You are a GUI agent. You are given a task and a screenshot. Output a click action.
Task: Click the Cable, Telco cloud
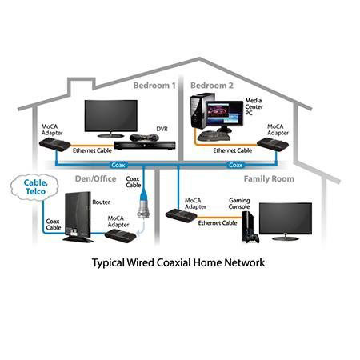point(34,187)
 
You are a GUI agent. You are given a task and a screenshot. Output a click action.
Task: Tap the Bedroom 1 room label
point(154,86)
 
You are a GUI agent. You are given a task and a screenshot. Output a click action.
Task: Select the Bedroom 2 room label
point(212,86)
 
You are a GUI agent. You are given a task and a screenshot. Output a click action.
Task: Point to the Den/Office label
point(95,179)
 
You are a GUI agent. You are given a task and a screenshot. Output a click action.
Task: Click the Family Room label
point(269,179)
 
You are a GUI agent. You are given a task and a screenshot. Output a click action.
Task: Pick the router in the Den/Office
point(78,217)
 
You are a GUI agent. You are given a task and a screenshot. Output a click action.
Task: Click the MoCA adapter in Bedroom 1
point(55,145)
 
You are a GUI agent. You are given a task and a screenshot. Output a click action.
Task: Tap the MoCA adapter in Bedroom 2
point(273,145)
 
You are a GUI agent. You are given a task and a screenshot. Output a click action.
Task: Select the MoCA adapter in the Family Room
point(182,216)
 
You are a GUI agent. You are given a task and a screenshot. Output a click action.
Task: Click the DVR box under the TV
point(145,146)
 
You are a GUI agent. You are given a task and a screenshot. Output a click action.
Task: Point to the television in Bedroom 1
point(111,118)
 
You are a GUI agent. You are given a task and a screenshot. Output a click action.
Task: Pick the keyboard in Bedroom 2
point(214,136)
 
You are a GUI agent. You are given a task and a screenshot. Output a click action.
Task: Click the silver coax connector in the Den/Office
point(144,210)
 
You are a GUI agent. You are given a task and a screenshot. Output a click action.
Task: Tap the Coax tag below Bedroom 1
point(118,166)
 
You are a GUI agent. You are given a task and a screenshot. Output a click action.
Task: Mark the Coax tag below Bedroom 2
point(236,166)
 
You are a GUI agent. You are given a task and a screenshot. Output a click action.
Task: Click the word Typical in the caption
point(108,263)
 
